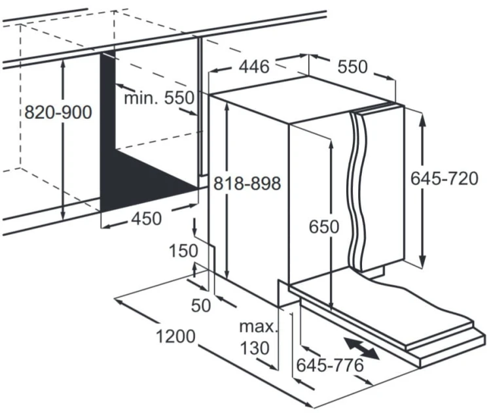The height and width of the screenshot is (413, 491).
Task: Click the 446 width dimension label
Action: pos(254,67)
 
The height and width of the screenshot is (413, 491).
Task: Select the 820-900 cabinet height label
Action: pos(58,112)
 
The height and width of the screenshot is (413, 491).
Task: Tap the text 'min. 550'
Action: pos(159,98)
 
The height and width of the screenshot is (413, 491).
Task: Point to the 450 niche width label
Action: pos(147,218)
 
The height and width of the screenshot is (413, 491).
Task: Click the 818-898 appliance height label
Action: pos(247,183)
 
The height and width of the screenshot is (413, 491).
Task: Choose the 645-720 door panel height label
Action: pos(445,179)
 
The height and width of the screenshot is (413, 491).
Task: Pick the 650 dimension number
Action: pos(324,227)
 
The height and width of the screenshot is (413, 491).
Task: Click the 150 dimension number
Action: pos(183,251)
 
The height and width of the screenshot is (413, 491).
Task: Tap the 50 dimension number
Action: pos(201,305)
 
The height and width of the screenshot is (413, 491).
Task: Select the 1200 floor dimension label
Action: pos(175,337)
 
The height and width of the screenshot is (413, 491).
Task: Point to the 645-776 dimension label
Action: pos(330,365)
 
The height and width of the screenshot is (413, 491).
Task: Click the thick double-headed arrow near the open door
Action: pos(361,348)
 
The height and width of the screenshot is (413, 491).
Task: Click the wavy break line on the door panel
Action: pos(357,191)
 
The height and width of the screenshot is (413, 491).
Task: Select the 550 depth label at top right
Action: pos(353,67)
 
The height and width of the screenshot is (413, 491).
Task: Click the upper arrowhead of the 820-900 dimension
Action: pos(63,64)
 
